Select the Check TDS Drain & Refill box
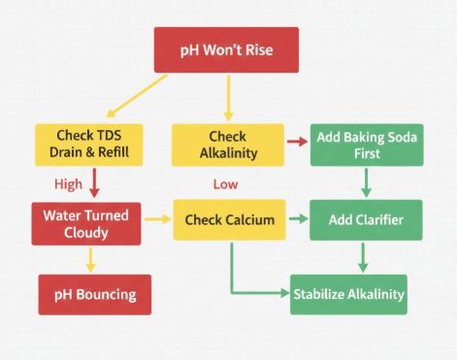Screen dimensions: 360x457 pyautogui.click(x=88, y=145)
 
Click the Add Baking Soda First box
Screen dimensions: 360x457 pyautogui.click(x=367, y=145)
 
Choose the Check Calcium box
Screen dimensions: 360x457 pyautogui.click(x=229, y=220)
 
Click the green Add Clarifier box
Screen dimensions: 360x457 pyautogui.click(x=366, y=220)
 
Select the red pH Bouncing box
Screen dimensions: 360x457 pyautogui.click(x=94, y=294)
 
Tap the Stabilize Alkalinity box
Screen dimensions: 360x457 pyautogui.click(x=348, y=294)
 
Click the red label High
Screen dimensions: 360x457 pyautogui.click(x=69, y=183)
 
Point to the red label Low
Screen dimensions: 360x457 pyautogui.click(x=225, y=183)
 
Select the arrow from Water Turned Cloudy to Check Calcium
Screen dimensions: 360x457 pyautogui.click(x=156, y=220)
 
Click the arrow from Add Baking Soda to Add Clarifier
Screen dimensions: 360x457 pyautogui.click(x=367, y=181)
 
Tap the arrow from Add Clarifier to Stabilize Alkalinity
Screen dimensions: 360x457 pyautogui.click(x=363, y=257)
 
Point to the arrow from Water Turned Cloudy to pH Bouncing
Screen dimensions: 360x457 pyautogui.click(x=90, y=257)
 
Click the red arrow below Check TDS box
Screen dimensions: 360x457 pyautogui.click(x=94, y=182)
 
